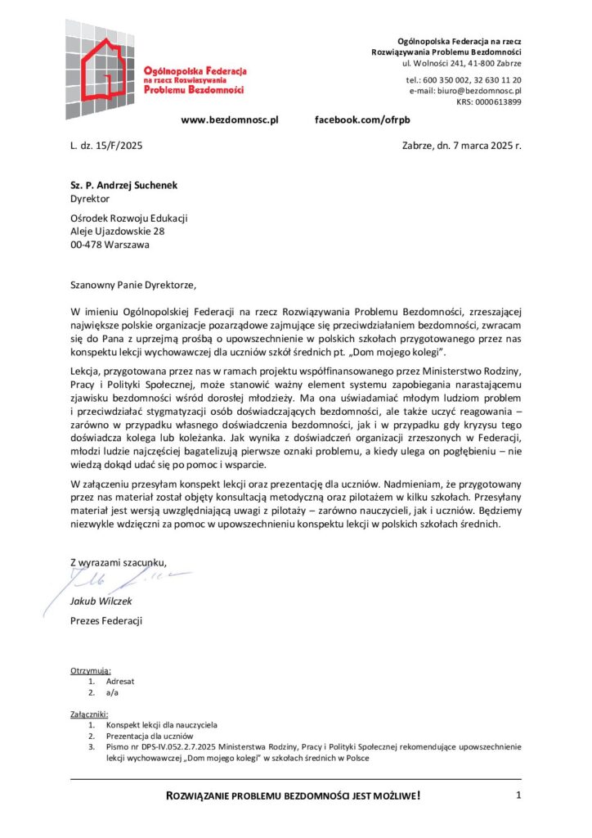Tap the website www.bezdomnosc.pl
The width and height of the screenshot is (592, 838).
230,119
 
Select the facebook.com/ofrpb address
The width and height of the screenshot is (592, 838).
362,119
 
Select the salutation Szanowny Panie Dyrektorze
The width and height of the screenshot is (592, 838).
134,286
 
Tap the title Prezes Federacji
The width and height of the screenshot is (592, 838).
106,621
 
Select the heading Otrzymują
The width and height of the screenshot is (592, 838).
91,670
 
